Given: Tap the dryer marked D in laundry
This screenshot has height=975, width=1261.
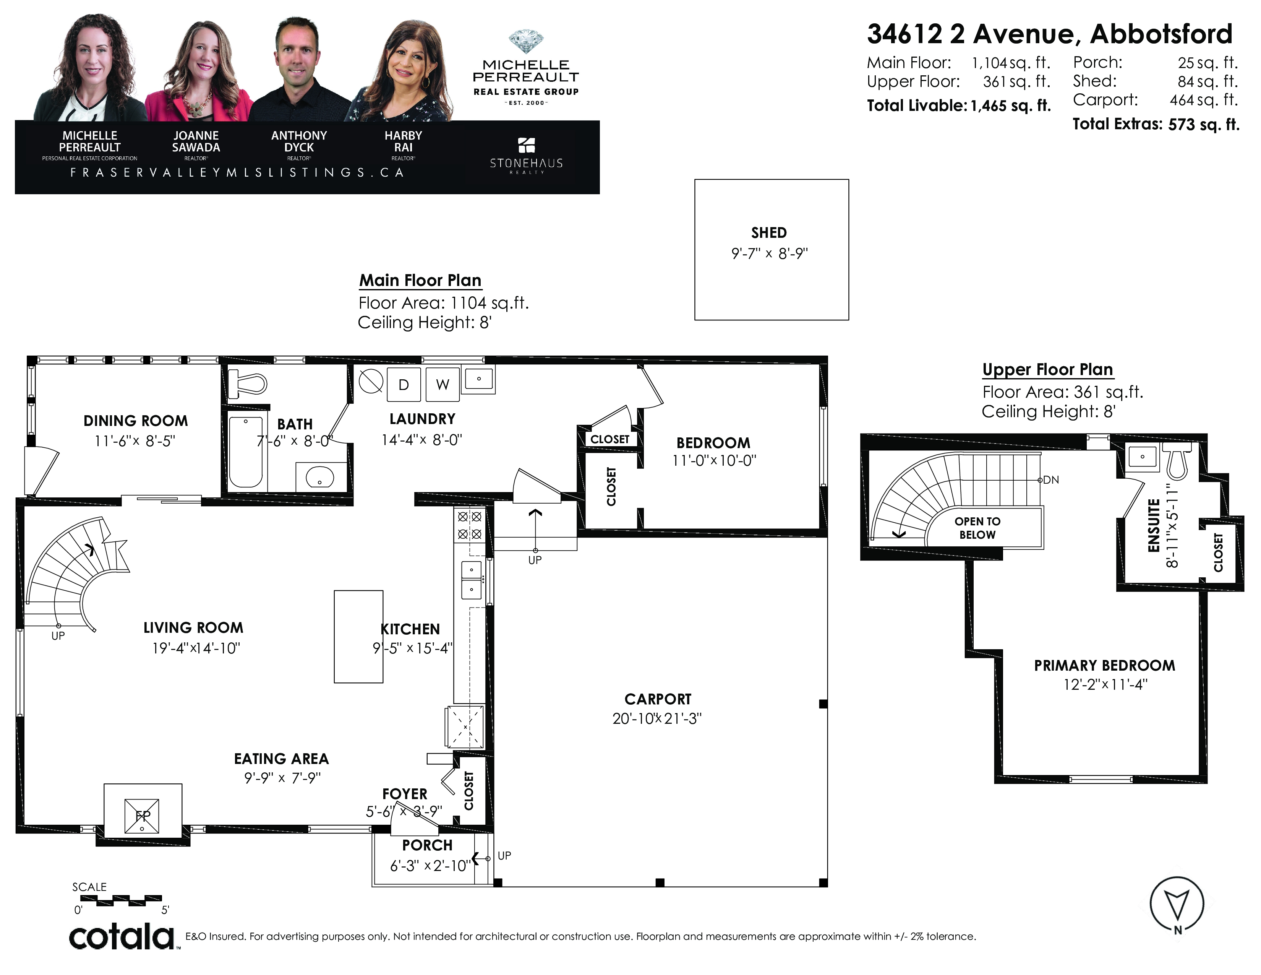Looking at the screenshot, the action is pyautogui.click(x=404, y=384).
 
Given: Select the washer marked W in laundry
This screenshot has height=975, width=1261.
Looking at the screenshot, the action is pyautogui.click(x=442, y=384).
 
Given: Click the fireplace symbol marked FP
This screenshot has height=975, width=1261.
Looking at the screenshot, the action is pyautogui.click(x=142, y=816).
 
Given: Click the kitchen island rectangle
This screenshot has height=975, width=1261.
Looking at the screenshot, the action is pyautogui.click(x=358, y=637).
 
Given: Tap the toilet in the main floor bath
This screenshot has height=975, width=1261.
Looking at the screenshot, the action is pyautogui.click(x=247, y=383).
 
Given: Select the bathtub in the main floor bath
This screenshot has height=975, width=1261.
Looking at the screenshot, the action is pyautogui.click(x=246, y=452).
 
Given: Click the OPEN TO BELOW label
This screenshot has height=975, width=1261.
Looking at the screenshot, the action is pyautogui.click(x=977, y=528).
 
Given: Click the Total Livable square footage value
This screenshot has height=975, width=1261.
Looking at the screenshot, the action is pyautogui.click(x=1010, y=106).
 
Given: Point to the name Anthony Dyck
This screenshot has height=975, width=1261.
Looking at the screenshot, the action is pyautogui.click(x=299, y=141).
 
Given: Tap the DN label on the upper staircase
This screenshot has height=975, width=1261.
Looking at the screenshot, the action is pyautogui.click(x=1051, y=480).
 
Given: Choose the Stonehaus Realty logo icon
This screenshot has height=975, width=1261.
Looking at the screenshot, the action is pyautogui.click(x=526, y=145).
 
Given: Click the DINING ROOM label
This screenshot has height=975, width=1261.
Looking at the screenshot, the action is pyautogui.click(x=136, y=421).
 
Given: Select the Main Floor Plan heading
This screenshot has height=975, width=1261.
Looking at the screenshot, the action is pyautogui.click(x=420, y=281).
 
